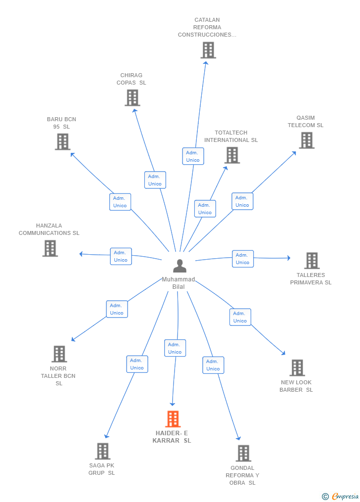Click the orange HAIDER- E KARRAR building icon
coord(173,419)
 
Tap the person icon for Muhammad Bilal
coord(180,266)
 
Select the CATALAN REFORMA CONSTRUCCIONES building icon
coord(208,50)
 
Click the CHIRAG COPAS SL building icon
coord(133,97)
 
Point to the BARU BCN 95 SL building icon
coord(63,141)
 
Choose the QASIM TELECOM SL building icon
coord(307,140)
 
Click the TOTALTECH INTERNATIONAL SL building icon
coord(232,155)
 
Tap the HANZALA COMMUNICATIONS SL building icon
coord(50,248)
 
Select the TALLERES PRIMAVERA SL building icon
coord(312,260)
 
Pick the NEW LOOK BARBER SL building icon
coord(297,367)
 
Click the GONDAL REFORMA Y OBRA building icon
coord(243,454)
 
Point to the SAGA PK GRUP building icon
coord(103,451)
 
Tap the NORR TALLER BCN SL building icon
coord(59,354)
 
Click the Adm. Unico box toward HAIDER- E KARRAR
coord(175,348)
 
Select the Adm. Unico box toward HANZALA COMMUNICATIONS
coord(121,256)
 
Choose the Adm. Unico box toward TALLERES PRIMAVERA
coord(243,259)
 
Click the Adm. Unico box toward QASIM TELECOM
coord(242,201)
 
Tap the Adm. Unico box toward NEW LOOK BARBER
coord(240,317)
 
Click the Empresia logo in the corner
coord(341,496)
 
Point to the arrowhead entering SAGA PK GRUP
coord(106,436)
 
